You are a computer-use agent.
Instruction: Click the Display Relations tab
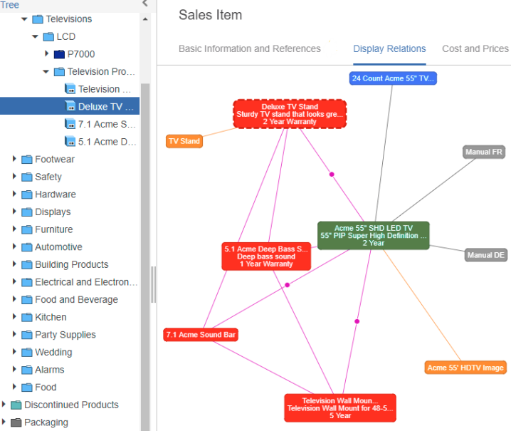pyautogui.click(x=389, y=49)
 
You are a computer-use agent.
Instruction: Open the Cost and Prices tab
pyautogui.click(x=475, y=49)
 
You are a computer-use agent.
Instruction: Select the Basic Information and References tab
pyautogui.click(x=250, y=49)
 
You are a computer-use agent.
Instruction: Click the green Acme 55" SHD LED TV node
pyautogui.click(x=374, y=236)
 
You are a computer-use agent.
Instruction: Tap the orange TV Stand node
pyautogui.click(x=184, y=141)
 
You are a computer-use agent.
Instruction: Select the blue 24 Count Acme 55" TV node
pyautogui.click(x=393, y=78)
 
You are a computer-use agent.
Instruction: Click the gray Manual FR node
pyautogui.click(x=484, y=152)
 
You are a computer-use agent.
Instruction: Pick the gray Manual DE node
pyautogui.click(x=486, y=255)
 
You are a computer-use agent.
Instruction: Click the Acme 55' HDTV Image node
pyautogui.click(x=465, y=368)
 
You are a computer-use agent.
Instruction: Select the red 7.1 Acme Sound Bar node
pyautogui.click(x=201, y=335)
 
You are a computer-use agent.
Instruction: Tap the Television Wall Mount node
pyautogui.click(x=340, y=408)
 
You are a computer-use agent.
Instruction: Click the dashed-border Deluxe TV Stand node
pyautogui.click(x=290, y=114)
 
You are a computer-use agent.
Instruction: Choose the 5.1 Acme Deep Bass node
pyautogui.click(x=266, y=256)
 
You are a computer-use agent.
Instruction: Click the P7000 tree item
pyautogui.click(x=81, y=54)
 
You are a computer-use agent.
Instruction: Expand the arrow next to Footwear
pyautogui.click(x=14, y=159)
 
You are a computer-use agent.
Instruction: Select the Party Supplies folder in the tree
pyautogui.click(x=65, y=335)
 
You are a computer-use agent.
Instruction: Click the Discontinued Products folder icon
pyautogui.click(x=16, y=405)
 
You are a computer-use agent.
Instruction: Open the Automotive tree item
pyautogui.click(x=58, y=247)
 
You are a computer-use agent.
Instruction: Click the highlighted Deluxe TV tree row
pyautogui.click(x=70, y=106)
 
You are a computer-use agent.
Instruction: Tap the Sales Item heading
pyautogui.click(x=210, y=15)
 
